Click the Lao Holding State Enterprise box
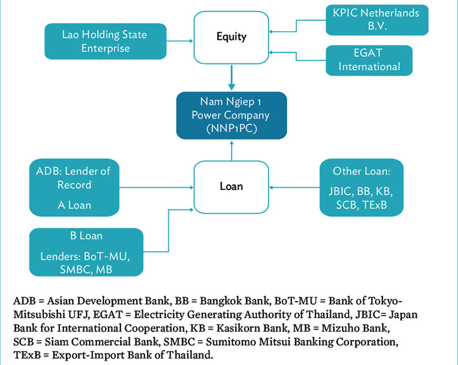(105, 41)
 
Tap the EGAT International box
(369, 60)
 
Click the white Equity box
(231, 37)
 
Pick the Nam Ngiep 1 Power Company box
(231, 115)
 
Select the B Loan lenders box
(86, 252)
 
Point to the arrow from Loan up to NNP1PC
(231, 150)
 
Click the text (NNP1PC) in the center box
(231, 128)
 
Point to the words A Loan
(74, 205)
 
